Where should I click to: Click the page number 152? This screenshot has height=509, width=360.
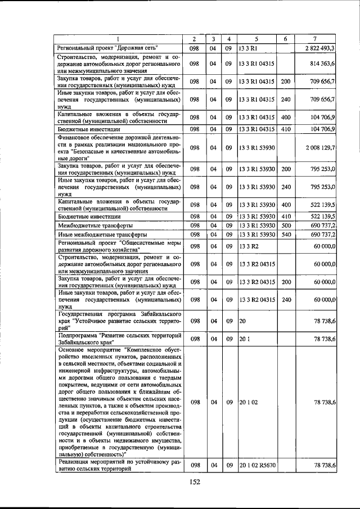click(195, 481)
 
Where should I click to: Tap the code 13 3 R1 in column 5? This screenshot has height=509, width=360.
click(247, 48)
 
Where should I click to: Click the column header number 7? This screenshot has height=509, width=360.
click(314, 39)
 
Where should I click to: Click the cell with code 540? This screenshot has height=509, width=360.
click(285, 234)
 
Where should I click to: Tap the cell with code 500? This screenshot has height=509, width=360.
click(285, 225)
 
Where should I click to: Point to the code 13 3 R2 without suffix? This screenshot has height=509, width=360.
click(247, 246)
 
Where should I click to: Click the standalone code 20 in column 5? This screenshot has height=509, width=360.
click(242, 320)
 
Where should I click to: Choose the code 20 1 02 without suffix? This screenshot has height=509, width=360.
click(248, 403)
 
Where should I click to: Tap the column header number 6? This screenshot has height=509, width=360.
click(285, 39)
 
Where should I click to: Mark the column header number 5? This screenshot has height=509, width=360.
click(256, 39)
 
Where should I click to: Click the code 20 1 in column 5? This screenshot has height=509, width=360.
click(245, 339)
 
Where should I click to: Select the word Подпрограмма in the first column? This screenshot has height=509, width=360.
click(78, 335)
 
